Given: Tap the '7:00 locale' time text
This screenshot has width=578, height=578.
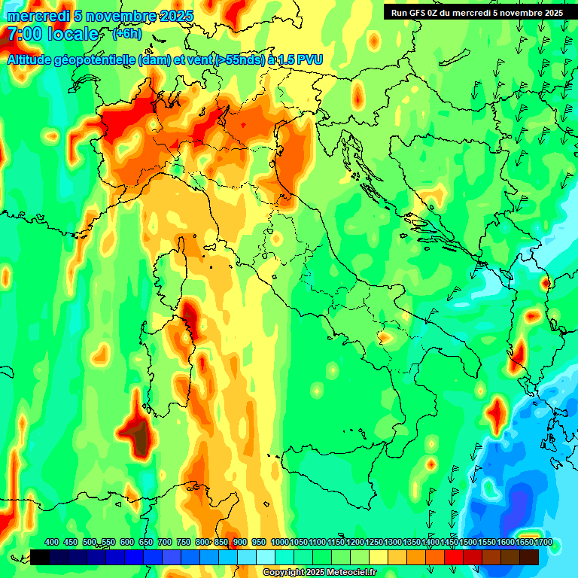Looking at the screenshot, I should coord(53,35).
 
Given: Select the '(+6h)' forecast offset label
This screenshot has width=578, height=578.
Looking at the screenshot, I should coord(126,33).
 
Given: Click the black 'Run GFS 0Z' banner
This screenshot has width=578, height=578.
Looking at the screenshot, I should coord(476,12).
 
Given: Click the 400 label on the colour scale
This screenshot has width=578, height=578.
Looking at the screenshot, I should coord(52,542).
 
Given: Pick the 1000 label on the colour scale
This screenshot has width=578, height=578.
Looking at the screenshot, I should coord(280,542).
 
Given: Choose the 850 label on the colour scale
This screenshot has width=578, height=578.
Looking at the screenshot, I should coord(221,542).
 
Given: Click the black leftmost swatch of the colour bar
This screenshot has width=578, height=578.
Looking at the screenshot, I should coord(40,557).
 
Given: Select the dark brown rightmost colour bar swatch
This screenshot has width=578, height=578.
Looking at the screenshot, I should coord(529,557).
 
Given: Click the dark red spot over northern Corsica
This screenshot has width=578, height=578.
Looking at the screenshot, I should coord(190,316).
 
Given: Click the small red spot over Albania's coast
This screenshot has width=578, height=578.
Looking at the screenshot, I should coord(543,283).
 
